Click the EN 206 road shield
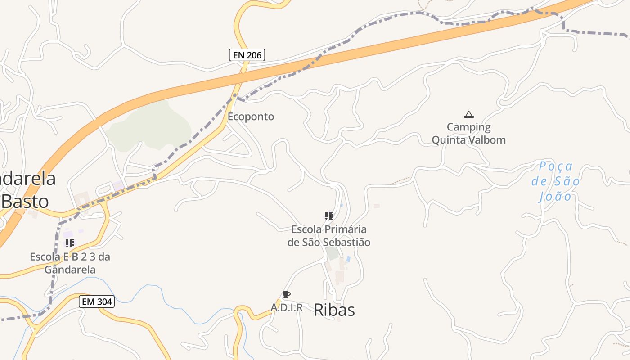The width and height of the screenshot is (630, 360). (x=247, y=55)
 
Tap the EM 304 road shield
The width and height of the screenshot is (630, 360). (x=97, y=301)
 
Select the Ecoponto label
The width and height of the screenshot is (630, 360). (x=251, y=117)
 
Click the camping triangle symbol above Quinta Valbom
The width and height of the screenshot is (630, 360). (x=469, y=114)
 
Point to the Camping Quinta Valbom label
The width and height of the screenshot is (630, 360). (x=469, y=134)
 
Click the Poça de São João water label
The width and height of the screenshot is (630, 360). (x=556, y=182)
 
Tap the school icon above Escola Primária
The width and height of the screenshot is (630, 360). (x=329, y=216)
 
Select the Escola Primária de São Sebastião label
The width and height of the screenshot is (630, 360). (x=329, y=236)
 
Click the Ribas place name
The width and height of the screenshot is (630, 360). (x=334, y=310)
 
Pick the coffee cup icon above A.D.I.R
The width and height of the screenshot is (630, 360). (x=286, y=295)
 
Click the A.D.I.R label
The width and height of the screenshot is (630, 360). (x=287, y=308)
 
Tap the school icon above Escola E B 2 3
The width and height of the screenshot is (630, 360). (x=70, y=243)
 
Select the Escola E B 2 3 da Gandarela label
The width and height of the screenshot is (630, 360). (x=70, y=263)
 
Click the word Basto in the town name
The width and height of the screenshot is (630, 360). (x=25, y=201)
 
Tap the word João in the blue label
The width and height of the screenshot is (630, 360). (x=556, y=197)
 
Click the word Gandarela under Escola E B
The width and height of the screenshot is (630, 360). (x=70, y=270)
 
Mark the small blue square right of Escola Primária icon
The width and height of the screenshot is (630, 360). (x=342, y=205)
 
